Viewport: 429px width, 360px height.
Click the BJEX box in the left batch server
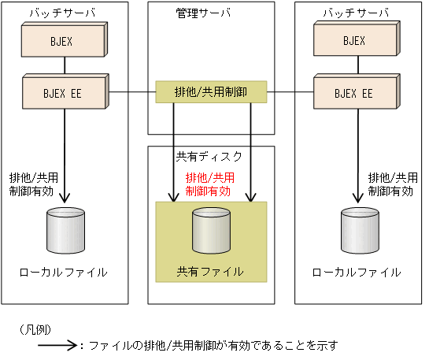pyautogui.click(x=64, y=41)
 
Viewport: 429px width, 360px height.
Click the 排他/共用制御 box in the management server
pyautogui.click(x=210, y=92)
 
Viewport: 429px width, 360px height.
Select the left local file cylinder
pyautogui.click(x=65, y=229)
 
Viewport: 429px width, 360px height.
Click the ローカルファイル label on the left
pyautogui.click(x=64, y=272)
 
